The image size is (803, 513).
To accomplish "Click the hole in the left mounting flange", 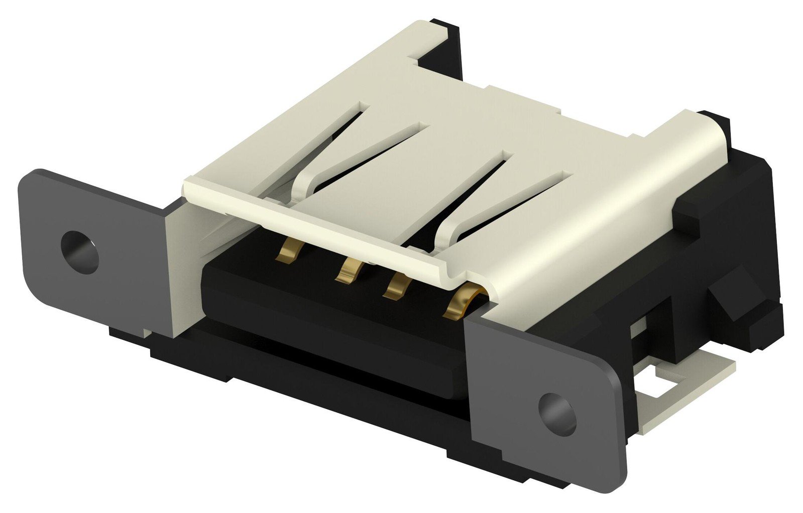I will coord(79,252).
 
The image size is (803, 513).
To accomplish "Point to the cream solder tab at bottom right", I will coord(693,381).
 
